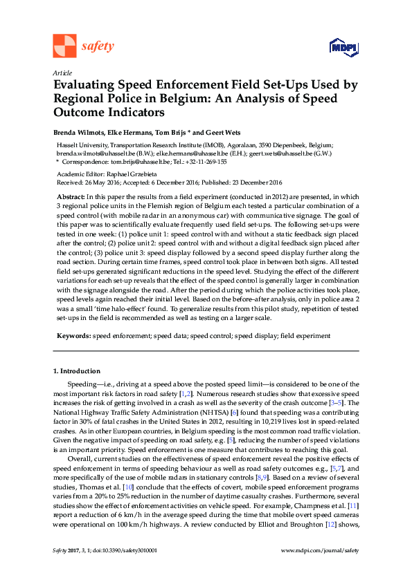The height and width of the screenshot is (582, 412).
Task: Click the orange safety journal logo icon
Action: tap(64, 46)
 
